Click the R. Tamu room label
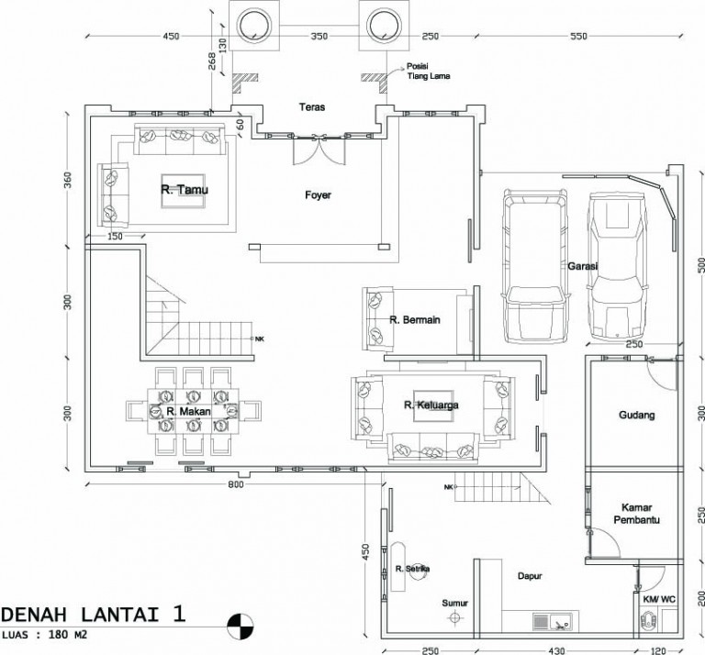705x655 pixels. click(x=185, y=190)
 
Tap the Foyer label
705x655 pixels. click(x=318, y=195)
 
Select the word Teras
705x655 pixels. click(x=312, y=107)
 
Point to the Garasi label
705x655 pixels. click(x=583, y=266)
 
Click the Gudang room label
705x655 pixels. click(x=637, y=415)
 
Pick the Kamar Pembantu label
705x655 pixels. click(x=637, y=514)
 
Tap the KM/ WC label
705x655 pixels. click(x=659, y=599)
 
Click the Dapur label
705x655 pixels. click(x=530, y=576)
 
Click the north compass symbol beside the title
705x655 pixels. click(x=240, y=627)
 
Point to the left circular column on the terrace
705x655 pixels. click(x=254, y=25)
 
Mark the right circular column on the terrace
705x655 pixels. click(x=384, y=25)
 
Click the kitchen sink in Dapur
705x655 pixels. click(x=555, y=621)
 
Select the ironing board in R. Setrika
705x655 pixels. click(x=397, y=567)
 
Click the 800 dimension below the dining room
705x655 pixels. click(x=236, y=484)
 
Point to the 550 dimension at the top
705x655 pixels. click(x=578, y=36)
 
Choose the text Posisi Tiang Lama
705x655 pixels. click(x=429, y=71)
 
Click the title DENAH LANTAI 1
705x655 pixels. click(x=93, y=614)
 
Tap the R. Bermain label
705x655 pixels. click(x=415, y=320)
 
